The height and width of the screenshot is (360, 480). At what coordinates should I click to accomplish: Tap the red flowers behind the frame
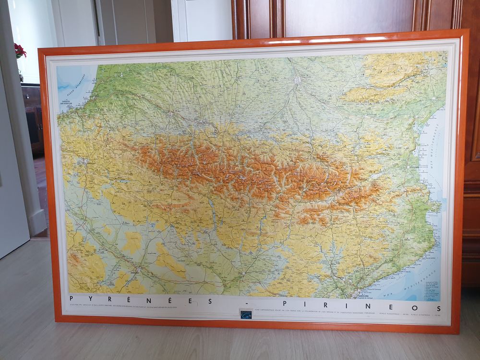click(x=20, y=51)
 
